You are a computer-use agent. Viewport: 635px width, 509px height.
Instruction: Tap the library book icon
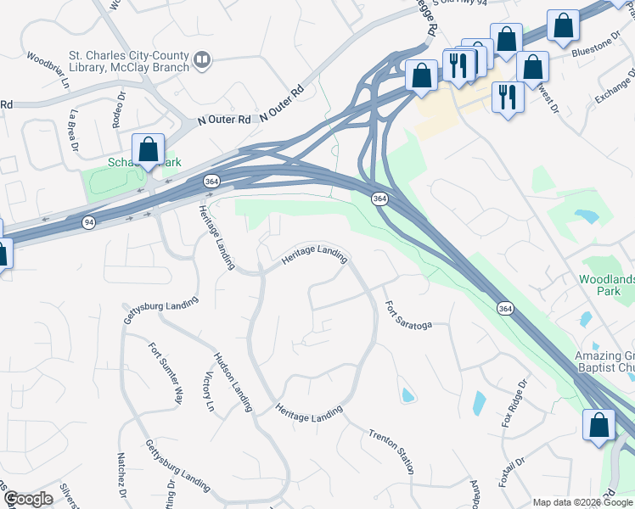(202, 59)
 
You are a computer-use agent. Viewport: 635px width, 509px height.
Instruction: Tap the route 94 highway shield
(88, 222)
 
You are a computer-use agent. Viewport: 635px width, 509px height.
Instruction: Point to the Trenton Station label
(391, 451)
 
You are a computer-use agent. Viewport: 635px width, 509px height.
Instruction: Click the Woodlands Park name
(606, 284)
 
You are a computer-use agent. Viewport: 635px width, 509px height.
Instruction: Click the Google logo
(29, 499)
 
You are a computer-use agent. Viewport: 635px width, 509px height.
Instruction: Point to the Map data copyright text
(582, 502)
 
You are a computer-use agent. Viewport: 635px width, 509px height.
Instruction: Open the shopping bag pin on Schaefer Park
(149, 149)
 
